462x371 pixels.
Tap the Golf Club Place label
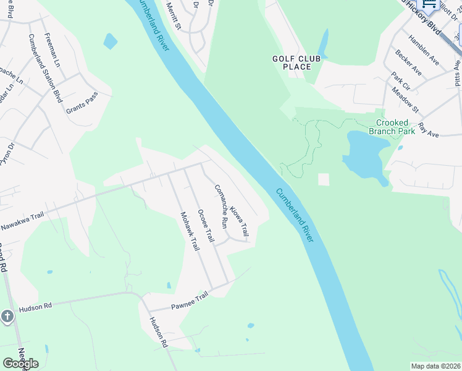tap(296, 62)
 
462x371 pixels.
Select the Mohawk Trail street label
tap(190, 231)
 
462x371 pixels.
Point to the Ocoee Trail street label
tap(206, 226)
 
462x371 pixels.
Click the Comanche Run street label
tap(221, 204)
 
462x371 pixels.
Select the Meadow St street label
tap(405, 100)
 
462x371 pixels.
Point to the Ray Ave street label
tap(428, 129)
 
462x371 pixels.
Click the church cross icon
tap(7, 317)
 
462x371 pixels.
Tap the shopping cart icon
tap(429, 4)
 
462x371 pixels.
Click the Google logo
tap(20, 363)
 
